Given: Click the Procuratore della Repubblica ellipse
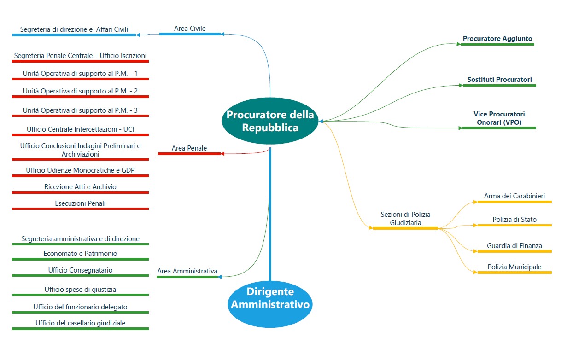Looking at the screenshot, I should (x=270, y=121).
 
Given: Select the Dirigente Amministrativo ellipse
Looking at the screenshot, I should (x=270, y=298).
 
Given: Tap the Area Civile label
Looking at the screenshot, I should (x=190, y=29).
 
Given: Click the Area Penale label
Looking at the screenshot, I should (x=189, y=148).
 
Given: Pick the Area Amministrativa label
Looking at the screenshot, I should (x=187, y=271).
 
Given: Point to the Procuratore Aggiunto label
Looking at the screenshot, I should (x=497, y=39).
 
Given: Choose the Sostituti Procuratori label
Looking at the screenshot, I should (x=499, y=80).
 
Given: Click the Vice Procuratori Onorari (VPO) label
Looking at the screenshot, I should (x=499, y=118).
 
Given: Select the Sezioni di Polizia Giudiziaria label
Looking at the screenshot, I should (x=405, y=219).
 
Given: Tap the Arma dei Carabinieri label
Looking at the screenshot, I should (x=514, y=196).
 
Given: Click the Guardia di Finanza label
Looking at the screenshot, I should (x=514, y=246).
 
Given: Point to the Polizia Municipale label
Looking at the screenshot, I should (x=514, y=267).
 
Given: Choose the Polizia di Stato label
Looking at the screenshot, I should (x=514, y=220).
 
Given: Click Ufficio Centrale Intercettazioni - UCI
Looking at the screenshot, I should (x=80, y=129).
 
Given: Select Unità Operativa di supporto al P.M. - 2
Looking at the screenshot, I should (x=80, y=91).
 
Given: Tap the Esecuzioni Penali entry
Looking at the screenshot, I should (x=80, y=203).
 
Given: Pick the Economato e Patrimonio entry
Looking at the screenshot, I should (x=80, y=254).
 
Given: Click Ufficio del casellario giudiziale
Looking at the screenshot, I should (x=80, y=323).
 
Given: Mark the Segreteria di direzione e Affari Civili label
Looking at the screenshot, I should (x=74, y=29).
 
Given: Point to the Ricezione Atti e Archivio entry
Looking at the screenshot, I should (x=80, y=187).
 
